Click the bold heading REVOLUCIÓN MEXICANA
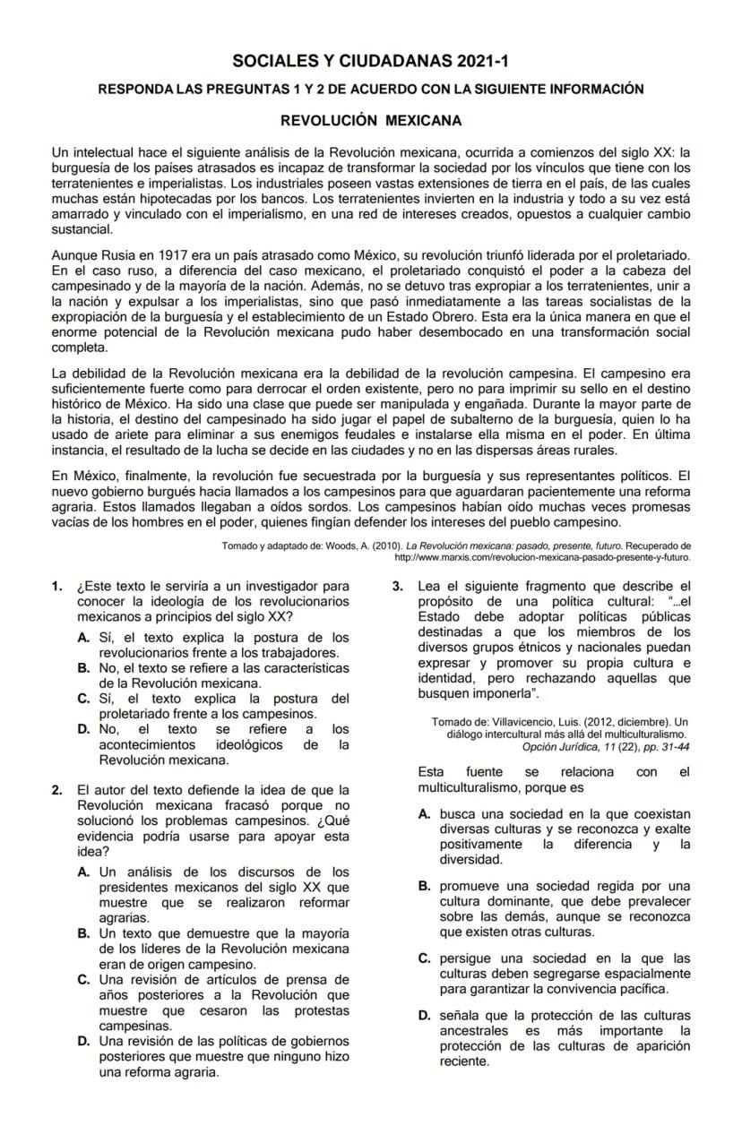tap(371, 119)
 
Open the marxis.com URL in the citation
tap(542, 556)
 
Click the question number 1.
tap(56, 587)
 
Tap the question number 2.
tap(56, 790)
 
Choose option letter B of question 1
tap(83, 668)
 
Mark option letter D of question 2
tap(83, 1041)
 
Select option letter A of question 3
tap(425, 814)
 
